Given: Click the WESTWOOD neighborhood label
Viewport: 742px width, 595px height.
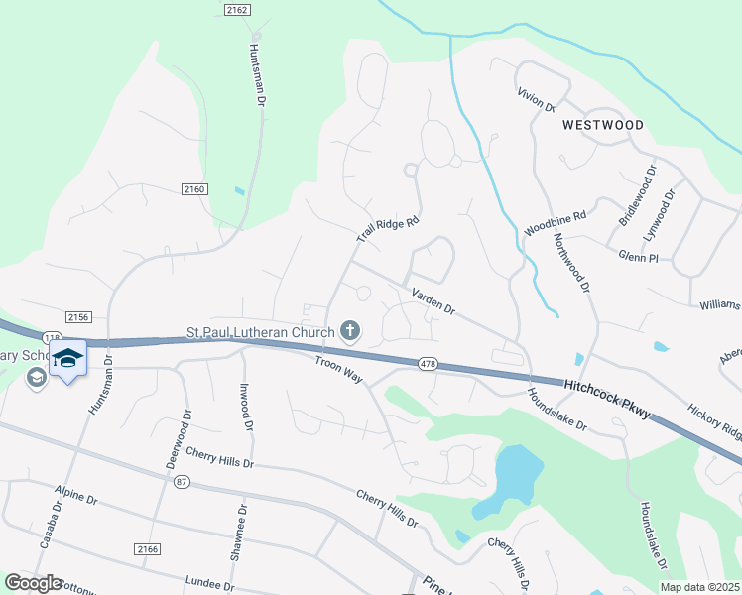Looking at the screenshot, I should pyautogui.click(x=602, y=125).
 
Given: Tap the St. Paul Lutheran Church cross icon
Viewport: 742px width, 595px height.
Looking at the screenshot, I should pyautogui.click(x=349, y=330).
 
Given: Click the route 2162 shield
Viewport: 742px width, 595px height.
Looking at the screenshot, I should pyautogui.click(x=236, y=9).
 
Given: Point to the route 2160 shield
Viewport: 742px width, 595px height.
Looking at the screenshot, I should pyautogui.click(x=193, y=188).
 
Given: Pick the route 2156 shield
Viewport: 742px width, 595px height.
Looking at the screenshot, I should pyautogui.click(x=78, y=316).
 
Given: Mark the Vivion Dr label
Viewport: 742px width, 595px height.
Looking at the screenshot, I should pyautogui.click(x=536, y=100).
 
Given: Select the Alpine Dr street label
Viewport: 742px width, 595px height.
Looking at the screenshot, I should pyautogui.click(x=76, y=502).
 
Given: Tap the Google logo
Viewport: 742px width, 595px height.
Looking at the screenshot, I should pyautogui.click(x=33, y=583).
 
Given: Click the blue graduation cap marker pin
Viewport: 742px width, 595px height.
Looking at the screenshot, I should pyautogui.click(x=67, y=359).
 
